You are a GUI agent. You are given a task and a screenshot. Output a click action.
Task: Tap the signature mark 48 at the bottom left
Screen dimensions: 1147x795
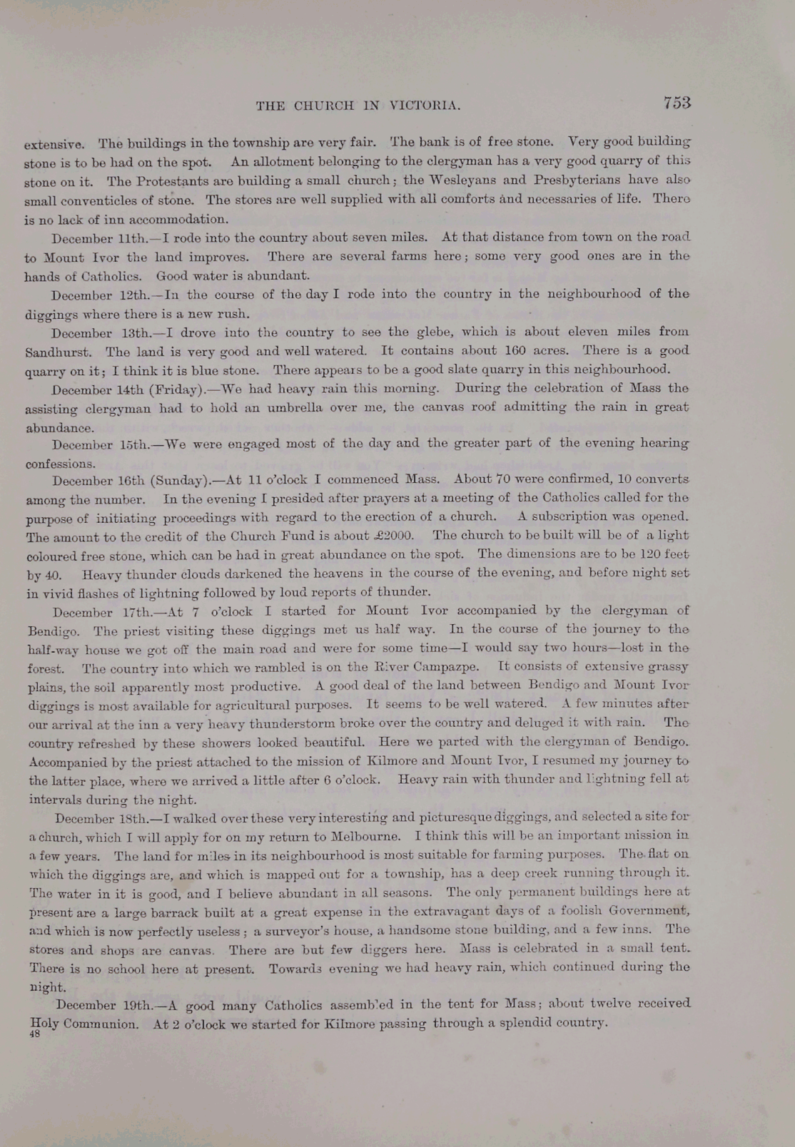click(34, 1034)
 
